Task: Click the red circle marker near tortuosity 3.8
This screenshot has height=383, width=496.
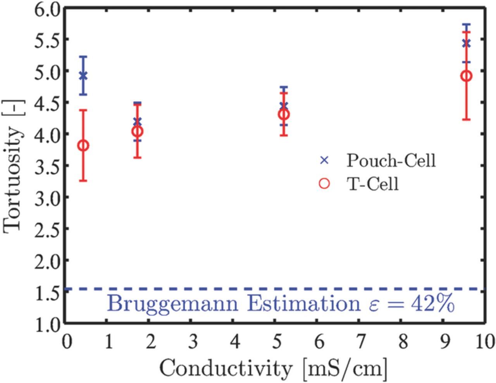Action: [x=83, y=146]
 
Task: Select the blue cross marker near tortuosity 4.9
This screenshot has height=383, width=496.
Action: [x=83, y=75]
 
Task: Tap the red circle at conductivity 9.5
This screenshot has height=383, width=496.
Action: [x=467, y=76]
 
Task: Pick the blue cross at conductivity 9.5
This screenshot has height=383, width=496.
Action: [x=467, y=43]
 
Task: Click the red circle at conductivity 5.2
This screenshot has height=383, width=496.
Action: [x=284, y=114]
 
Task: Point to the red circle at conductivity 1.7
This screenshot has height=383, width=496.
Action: [x=137, y=132]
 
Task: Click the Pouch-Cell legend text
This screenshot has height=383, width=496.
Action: [x=391, y=160]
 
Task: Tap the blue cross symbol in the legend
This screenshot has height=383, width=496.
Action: [x=324, y=160]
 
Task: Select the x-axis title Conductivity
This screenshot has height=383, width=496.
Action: [x=224, y=367]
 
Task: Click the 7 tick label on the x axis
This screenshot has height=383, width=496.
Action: [x=361, y=343]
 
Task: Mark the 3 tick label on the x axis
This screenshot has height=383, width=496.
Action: [x=193, y=343]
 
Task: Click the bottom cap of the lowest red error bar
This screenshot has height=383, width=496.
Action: [x=83, y=181]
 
